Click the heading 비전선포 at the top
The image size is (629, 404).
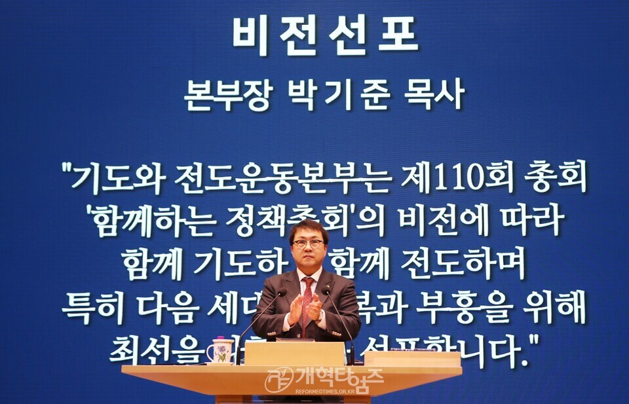[x=325, y=35]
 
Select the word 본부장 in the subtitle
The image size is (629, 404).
[x=227, y=94]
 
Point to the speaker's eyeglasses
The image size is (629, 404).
[x=309, y=244]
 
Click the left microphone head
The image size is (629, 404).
[x=280, y=292]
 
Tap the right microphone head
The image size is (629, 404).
[x=326, y=289]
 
